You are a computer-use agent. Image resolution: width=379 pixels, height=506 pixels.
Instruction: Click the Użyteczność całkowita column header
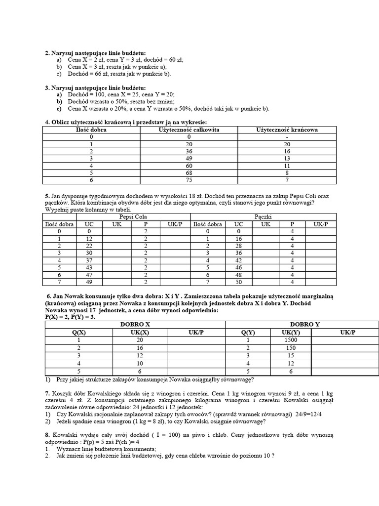[189, 129]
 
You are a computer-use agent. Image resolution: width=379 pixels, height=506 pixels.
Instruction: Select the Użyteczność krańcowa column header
[287, 129]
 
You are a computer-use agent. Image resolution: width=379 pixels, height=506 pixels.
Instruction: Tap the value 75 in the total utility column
[189, 181]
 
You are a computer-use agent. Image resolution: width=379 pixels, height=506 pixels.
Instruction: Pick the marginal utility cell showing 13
[287, 159]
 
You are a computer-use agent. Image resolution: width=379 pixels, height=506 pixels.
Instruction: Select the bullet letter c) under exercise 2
[59, 74]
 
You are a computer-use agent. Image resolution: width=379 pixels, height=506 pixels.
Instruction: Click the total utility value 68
[189, 174]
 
